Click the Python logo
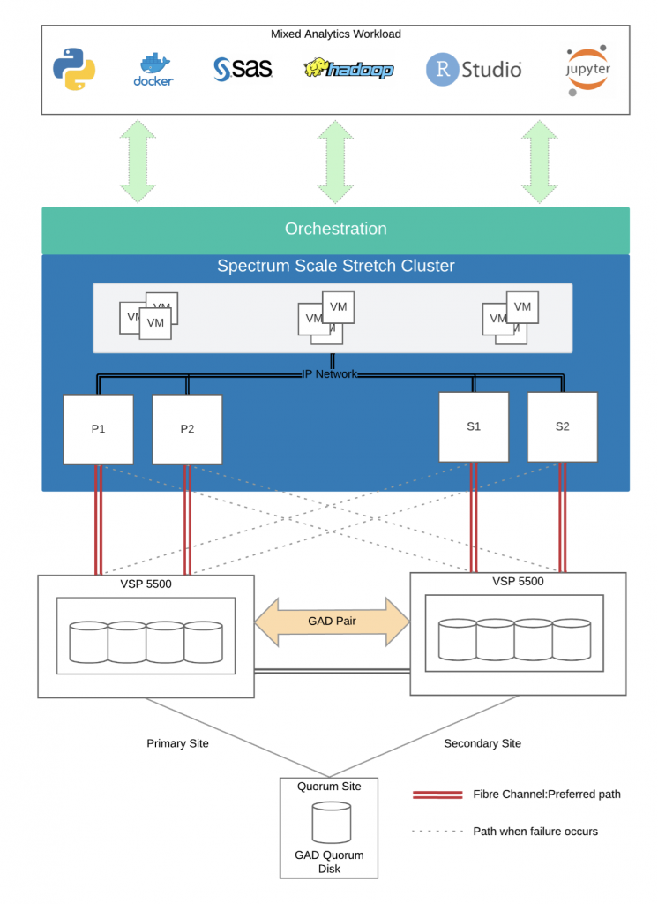[x=74, y=69]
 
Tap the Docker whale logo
[x=153, y=70]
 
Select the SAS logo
[x=243, y=69]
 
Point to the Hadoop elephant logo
[x=348, y=69]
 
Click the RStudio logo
[x=474, y=69]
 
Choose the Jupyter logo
[x=587, y=71]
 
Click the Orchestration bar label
[x=336, y=229]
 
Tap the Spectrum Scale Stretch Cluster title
[x=336, y=266]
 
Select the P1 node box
[x=99, y=430]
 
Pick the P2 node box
[x=187, y=430]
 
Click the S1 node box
[x=474, y=427]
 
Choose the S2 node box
[x=563, y=427]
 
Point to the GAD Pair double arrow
[x=333, y=621]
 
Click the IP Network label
[x=330, y=374]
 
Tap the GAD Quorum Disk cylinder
[x=332, y=823]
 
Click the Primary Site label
[x=177, y=743]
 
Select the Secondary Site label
[x=482, y=743]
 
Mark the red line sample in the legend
[x=437, y=795]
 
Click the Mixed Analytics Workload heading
[x=336, y=34]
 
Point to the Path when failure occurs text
[x=535, y=832]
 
